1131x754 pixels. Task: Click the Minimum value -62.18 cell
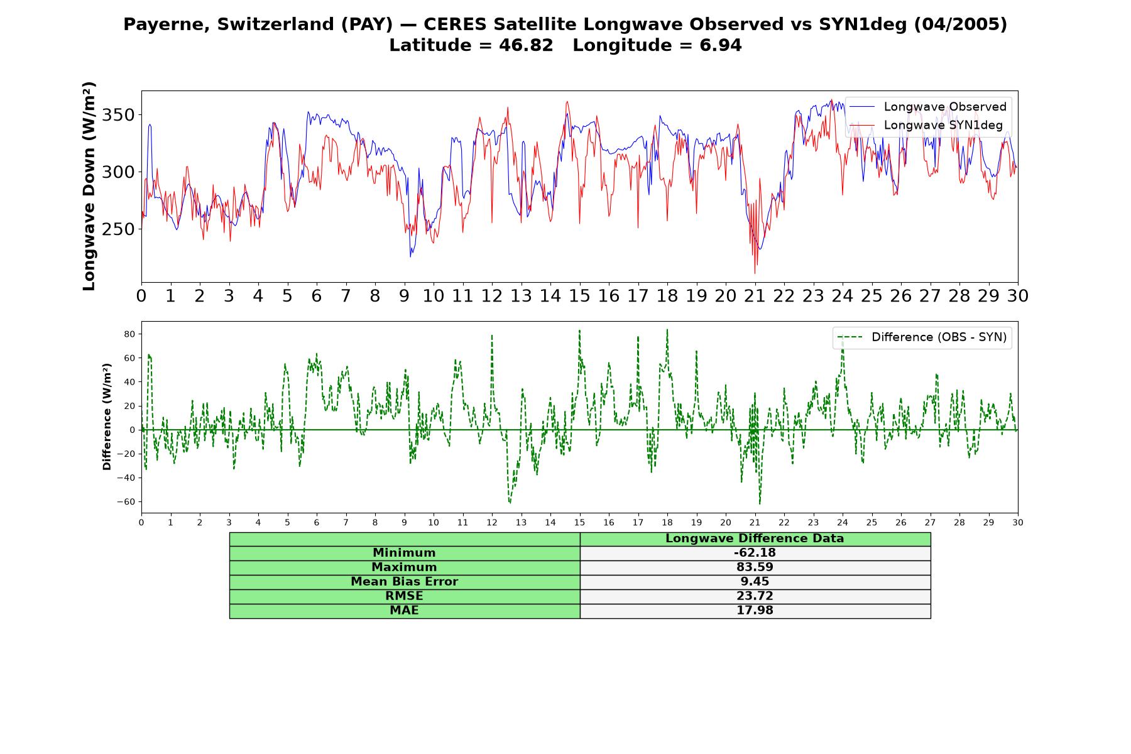[x=755, y=553]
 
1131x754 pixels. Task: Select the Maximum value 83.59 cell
[x=755, y=567]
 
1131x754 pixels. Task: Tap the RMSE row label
[x=404, y=596]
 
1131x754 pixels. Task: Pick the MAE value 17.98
[x=755, y=611]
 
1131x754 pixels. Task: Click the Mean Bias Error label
[x=404, y=582]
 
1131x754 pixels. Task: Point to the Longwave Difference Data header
[x=755, y=538]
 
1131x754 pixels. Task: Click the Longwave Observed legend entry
[x=928, y=107]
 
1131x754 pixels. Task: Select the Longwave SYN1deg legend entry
[x=926, y=125]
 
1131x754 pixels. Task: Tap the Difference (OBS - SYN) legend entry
[x=922, y=337]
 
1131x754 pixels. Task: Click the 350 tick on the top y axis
[x=119, y=115]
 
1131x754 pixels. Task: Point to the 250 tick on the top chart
[x=119, y=229]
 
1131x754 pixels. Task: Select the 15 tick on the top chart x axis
[x=579, y=296]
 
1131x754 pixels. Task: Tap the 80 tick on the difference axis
[x=129, y=334]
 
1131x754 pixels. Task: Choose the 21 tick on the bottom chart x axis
[x=755, y=523]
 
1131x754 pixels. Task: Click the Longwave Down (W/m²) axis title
[x=89, y=186]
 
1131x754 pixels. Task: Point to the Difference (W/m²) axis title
[x=107, y=417]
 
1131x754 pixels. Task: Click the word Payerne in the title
[x=167, y=25]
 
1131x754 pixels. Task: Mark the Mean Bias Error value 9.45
[x=755, y=582]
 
